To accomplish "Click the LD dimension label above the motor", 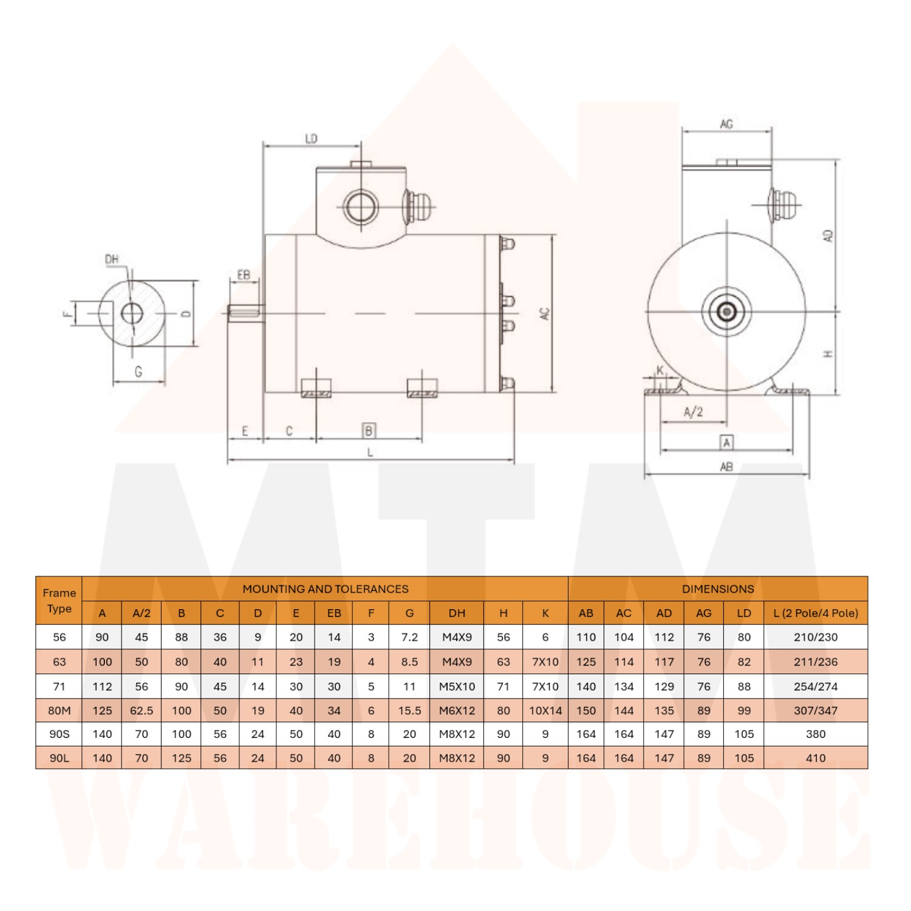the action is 311,138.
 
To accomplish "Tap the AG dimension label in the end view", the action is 726,124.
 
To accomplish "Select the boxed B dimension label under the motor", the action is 369,431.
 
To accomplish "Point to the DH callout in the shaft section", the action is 112,259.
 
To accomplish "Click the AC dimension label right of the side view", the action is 545,313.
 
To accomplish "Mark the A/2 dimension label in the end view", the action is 693,412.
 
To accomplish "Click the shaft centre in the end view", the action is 726,312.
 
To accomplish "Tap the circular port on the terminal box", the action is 361,207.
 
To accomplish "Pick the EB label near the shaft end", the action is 244,275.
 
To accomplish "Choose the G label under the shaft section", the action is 138,371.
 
